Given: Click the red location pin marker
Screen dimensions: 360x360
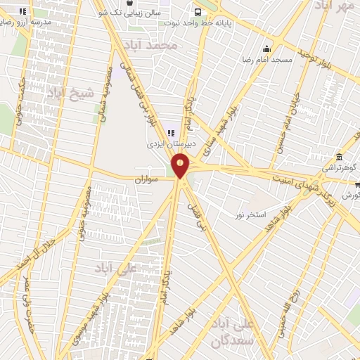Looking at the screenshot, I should (x=181, y=167).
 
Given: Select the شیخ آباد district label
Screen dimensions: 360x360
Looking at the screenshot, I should (x=67, y=92).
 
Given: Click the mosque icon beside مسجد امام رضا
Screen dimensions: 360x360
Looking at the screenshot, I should (x=266, y=49).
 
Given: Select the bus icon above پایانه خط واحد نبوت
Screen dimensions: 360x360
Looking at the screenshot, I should (x=198, y=12).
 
